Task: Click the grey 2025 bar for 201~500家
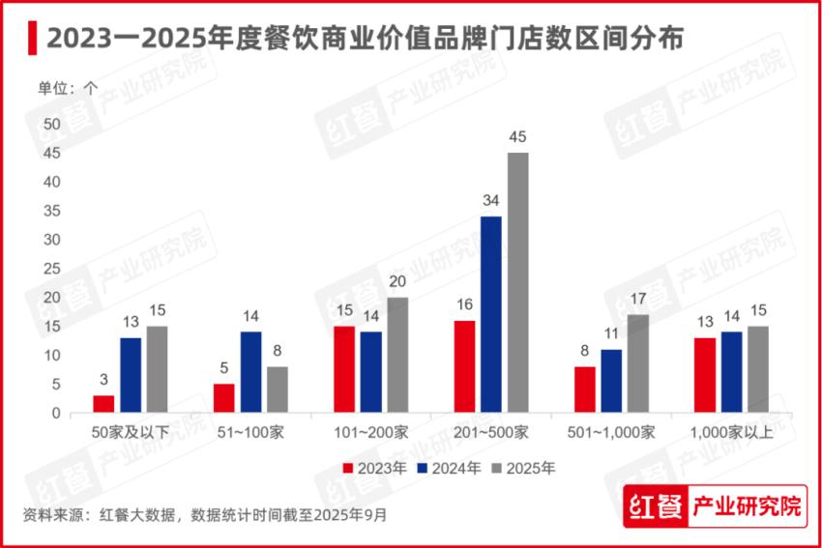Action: pos(518,283)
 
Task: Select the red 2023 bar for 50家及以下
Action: pos(103,404)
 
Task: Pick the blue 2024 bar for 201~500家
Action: pos(491,315)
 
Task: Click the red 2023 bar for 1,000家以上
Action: pos(705,375)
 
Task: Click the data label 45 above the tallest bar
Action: pos(518,136)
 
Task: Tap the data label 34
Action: pos(491,200)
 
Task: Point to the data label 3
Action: pos(103,380)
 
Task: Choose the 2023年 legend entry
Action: pos(371,468)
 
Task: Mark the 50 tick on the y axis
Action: pos(52,124)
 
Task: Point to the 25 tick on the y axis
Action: pos(52,269)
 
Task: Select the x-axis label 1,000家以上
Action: pos(732,432)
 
